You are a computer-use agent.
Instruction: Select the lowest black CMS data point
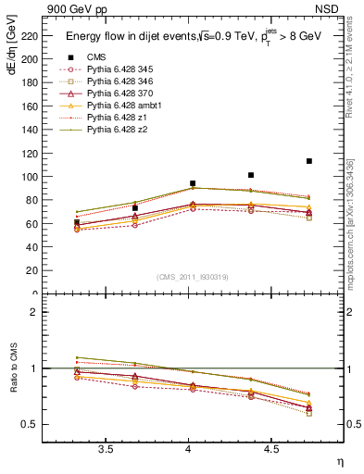point(77,222)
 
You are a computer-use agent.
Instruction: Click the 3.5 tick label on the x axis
point(107,449)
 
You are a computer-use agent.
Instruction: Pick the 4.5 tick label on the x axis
point(270,449)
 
